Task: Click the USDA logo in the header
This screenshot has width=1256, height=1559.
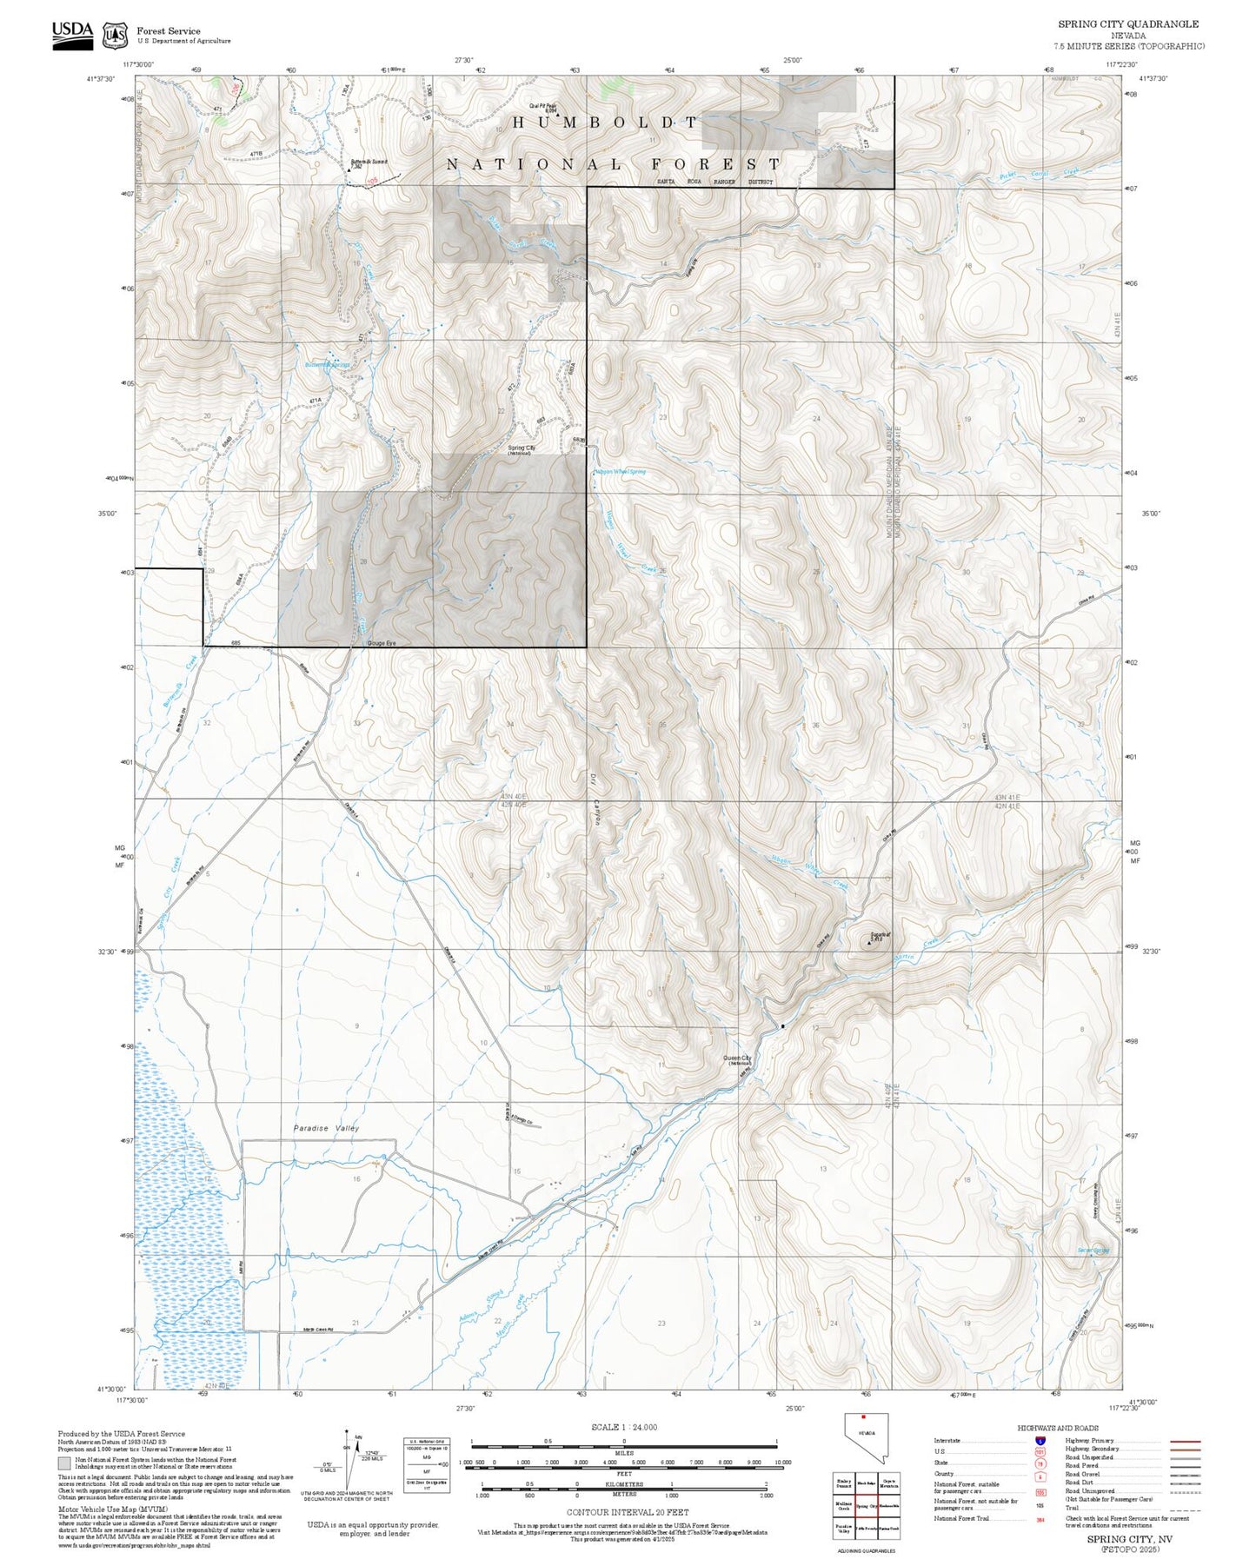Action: pos(72,35)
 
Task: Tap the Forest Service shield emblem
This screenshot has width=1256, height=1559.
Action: pos(115,35)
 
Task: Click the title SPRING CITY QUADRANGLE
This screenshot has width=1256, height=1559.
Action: pos(1127,23)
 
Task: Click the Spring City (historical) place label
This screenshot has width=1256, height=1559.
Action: pos(521,450)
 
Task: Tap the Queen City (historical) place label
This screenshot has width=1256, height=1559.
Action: pos(737,1060)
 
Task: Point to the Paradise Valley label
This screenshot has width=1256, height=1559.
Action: pos(326,1128)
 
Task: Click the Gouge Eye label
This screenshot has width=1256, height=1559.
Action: pos(382,643)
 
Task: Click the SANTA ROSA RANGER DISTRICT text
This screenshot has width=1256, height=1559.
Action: pos(714,182)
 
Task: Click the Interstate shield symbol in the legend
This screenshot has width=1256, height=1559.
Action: pos(1040,1441)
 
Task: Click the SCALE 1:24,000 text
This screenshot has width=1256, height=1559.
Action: pos(623,1427)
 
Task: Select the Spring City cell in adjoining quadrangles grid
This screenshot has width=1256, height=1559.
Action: pos(864,1506)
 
